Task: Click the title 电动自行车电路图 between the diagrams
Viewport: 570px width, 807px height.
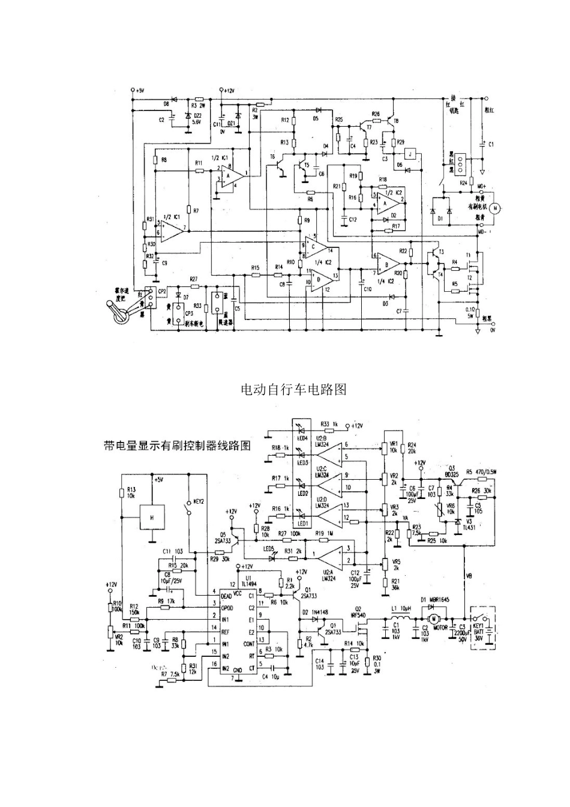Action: point(293,390)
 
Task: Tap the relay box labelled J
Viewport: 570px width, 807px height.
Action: point(410,154)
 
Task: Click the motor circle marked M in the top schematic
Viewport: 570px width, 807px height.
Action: point(494,208)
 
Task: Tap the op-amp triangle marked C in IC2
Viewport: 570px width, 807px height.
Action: point(314,247)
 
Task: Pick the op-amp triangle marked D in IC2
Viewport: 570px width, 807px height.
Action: point(317,279)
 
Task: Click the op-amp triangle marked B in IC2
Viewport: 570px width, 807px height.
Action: point(388,264)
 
